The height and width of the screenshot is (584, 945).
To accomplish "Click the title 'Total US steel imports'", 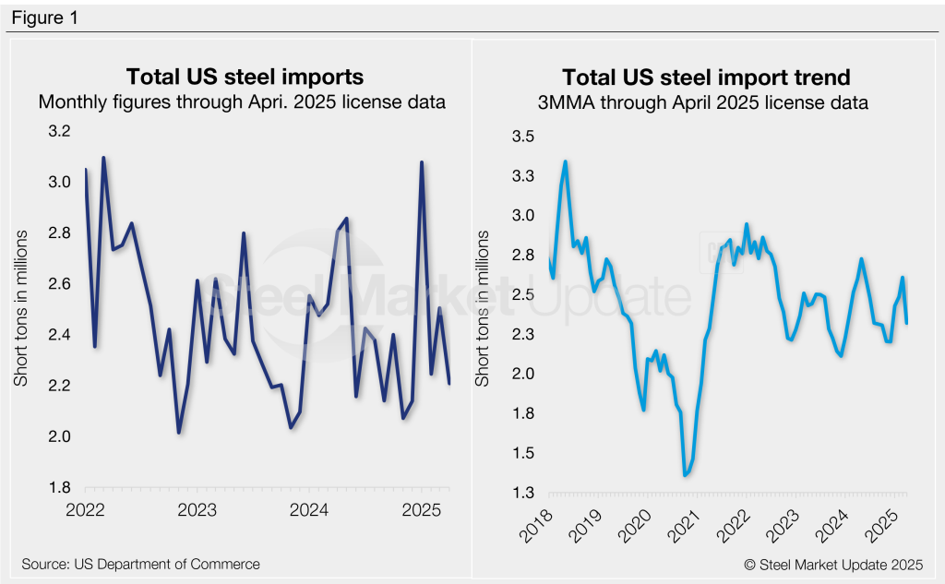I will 244,77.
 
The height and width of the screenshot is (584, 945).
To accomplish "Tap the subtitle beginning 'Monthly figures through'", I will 243,102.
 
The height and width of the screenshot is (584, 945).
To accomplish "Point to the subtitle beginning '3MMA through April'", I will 704,102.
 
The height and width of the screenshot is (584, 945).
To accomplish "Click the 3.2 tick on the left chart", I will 59,132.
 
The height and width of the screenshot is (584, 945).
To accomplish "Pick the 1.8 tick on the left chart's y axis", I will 59,487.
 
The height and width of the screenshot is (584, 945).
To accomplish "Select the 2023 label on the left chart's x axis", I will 197,509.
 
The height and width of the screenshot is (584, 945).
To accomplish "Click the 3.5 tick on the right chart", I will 522,137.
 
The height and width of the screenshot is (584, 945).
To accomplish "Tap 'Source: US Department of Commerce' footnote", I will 140,564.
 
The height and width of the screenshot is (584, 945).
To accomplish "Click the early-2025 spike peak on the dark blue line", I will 422,162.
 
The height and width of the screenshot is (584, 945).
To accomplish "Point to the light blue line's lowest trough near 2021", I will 685,475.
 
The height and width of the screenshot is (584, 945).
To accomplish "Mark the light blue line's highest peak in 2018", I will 565,161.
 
